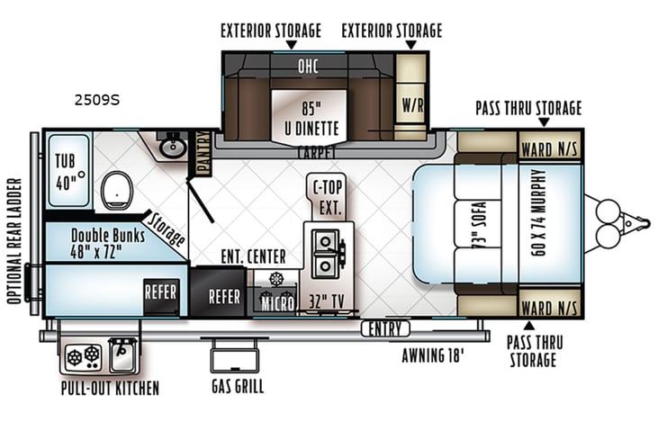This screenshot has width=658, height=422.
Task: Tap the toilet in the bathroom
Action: pyautogui.click(x=114, y=190)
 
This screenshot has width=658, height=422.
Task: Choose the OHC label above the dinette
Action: pyautogui.click(x=309, y=66)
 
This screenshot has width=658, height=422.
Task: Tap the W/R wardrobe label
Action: pyautogui.click(x=411, y=103)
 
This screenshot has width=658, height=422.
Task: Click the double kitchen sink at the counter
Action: pyautogui.click(x=325, y=253)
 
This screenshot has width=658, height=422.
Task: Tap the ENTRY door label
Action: pyautogui.click(x=385, y=329)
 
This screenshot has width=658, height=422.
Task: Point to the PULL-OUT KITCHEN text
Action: pyautogui.click(x=110, y=389)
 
